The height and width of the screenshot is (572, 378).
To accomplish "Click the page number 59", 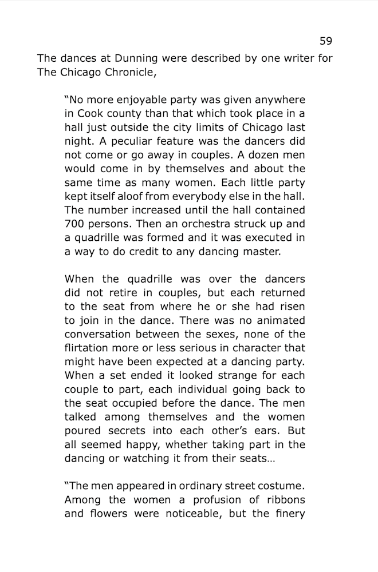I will pyautogui.click(x=325, y=41).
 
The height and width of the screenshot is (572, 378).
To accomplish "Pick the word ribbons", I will pyautogui.click(x=282, y=499).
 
